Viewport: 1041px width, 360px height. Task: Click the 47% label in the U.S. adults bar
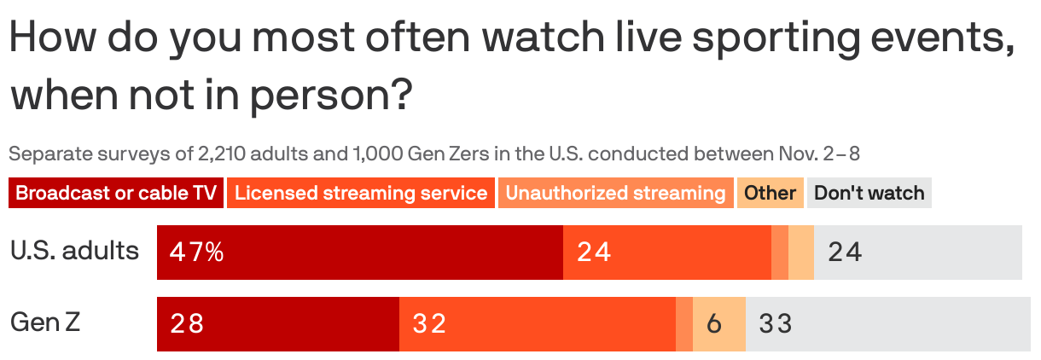(x=196, y=253)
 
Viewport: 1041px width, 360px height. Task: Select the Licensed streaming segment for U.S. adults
(x=666, y=253)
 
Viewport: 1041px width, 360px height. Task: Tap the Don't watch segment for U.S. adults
(x=917, y=253)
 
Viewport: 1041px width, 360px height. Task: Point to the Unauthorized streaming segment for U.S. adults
(x=780, y=253)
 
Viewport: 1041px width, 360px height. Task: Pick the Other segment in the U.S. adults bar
(x=801, y=253)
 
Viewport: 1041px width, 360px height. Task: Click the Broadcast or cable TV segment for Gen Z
(x=277, y=324)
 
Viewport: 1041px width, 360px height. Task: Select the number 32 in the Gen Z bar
(x=429, y=324)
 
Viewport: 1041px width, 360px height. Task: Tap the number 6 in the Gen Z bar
(x=715, y=324)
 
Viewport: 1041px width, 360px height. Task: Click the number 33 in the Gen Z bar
(x=776, y=324)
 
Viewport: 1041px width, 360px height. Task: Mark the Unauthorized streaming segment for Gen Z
(x=684, y=324)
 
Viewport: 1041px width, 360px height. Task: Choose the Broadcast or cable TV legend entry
(x=116, y=193)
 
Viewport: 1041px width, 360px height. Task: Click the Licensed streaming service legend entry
(x=361, y=193)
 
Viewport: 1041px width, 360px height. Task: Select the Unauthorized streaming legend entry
(x=615, y=193)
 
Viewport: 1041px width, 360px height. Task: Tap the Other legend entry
(x=770, y=193)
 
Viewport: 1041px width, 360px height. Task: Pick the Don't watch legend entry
(x=869, y=193)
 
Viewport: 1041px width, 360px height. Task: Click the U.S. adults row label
(x=74, y=251)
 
